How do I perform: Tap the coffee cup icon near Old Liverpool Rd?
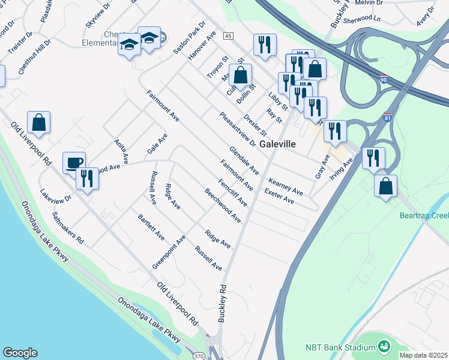point(74,163)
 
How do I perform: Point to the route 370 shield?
point(199,355)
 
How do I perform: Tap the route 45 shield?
point(228,36)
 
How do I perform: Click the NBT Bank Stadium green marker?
point(384,346)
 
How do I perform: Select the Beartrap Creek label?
point(424,215)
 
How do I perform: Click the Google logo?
point(20,353)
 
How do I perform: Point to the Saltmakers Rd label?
point(68,227)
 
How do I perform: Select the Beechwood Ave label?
point(223,206)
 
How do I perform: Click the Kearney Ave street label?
point(286,186)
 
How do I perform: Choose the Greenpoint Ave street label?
point(169,251)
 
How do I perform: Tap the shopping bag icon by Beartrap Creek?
point(385,185)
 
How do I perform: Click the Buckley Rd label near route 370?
point(222,304)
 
